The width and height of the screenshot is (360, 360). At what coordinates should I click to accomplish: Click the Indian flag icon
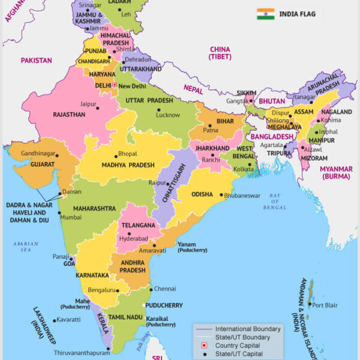point(265,13)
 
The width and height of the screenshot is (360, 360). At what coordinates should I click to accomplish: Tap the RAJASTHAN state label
point(69,114)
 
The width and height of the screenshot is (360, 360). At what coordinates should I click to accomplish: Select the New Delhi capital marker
point(114,86)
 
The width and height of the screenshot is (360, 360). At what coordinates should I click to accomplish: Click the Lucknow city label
point(168,115)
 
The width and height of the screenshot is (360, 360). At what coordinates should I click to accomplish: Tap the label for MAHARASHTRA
point(95,208)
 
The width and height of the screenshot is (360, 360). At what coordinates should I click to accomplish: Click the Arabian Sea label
point(25,247)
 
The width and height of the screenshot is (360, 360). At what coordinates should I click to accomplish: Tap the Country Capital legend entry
point(238,346)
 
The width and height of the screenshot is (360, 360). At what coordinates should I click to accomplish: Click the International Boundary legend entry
point(247,329)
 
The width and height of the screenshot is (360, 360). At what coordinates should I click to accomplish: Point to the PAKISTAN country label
point(36,61)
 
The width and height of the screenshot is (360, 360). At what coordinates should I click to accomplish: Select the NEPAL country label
point(193,88)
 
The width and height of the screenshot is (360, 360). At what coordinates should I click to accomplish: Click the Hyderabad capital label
point(133,238)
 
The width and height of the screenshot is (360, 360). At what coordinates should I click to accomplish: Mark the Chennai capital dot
point(149,289)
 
